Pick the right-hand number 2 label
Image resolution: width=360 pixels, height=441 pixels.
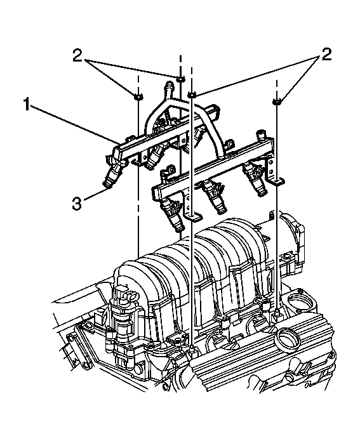click(x=326, y=55)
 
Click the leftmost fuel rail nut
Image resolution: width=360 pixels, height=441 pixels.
click(x=137, y=96)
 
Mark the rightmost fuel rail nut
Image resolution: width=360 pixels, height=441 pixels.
click(x=277, y=101)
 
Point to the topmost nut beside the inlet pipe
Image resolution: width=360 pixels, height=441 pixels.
click(x=181, y=79)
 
